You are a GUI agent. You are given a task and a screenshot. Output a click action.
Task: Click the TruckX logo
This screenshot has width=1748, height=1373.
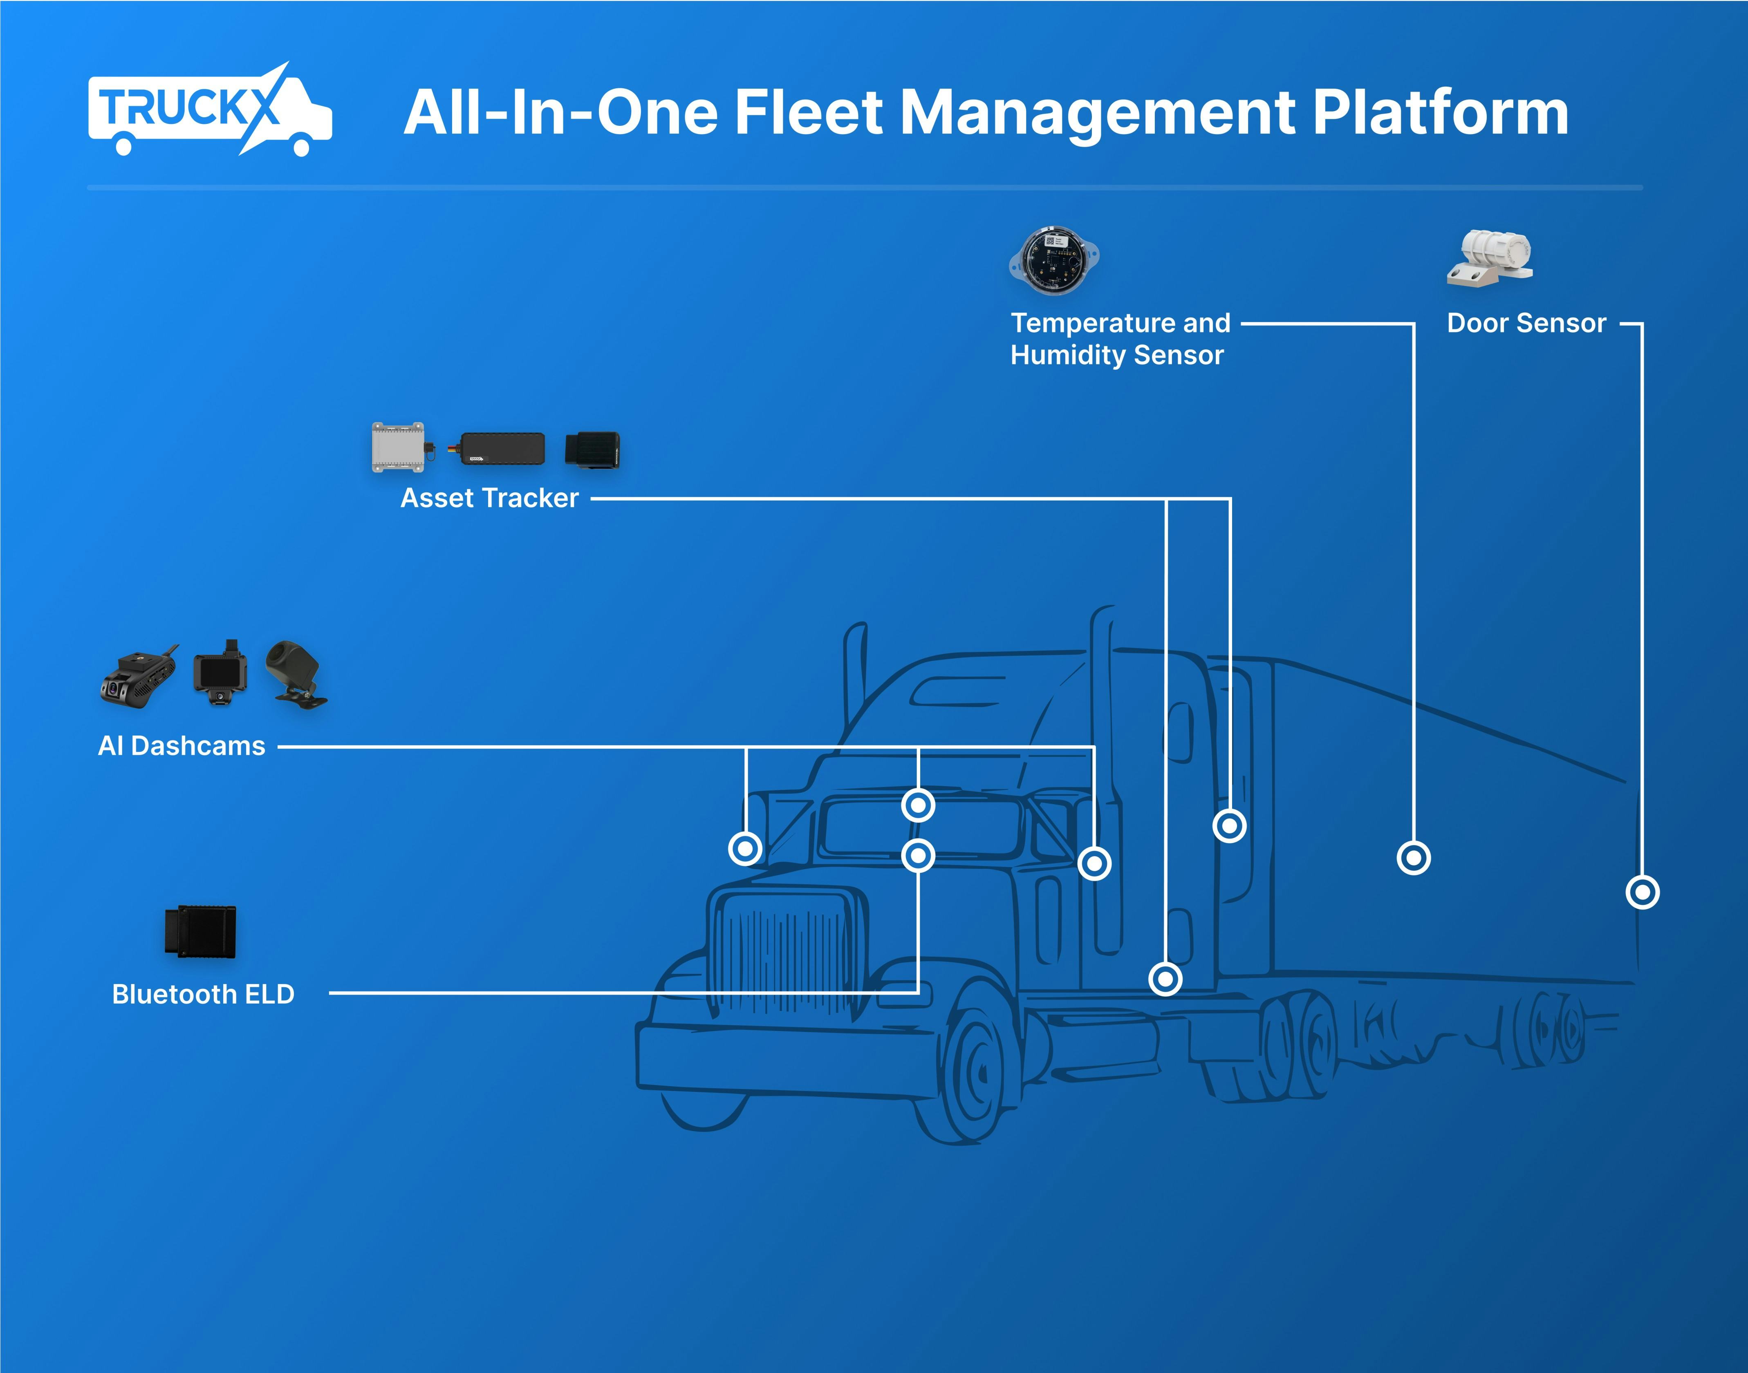pos(209,111)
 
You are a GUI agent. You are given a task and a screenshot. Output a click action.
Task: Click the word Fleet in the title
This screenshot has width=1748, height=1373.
pos(808,112)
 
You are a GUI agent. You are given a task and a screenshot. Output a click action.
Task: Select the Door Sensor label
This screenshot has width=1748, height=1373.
pos(1525,323)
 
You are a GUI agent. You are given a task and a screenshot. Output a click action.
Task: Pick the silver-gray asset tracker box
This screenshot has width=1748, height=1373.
pos(398,447)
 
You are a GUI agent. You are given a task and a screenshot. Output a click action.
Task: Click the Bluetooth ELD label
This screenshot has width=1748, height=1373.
pos(203,994)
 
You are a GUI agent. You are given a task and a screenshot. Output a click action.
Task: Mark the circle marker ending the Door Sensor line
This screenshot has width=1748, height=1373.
pos(1642,892)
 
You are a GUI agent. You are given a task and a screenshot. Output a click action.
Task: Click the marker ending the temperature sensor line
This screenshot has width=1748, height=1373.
pos(1414,858)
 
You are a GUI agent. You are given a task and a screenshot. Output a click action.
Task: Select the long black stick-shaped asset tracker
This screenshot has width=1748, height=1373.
pos(500,449)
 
